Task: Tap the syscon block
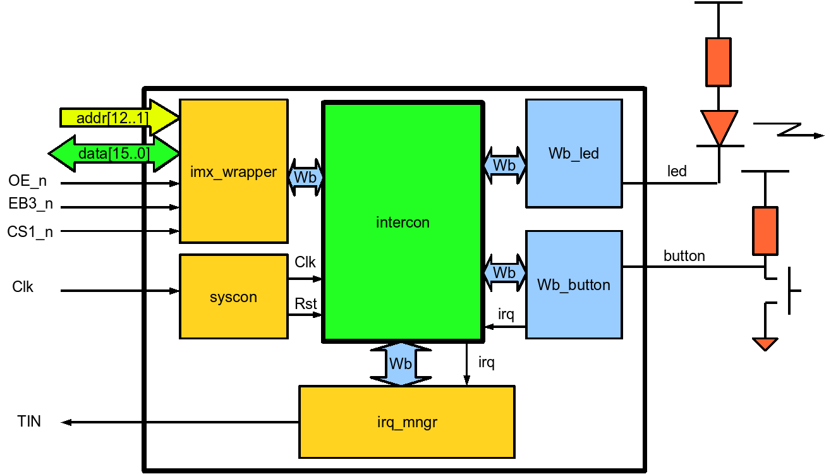pos(233,296)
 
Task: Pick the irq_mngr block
pos(406,422)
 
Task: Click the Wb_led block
pos(574,153)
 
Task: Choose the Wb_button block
pos(574,284)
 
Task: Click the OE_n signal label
pos(27,182)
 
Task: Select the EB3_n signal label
pos(30,206)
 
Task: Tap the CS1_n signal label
pos(30,231)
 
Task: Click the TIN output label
pos(30,422)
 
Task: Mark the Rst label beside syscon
pos(306,304)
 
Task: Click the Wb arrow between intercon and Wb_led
pos(504,165)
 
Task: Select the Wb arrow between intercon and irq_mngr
pos(401,364)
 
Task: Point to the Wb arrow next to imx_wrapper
pos(306,178)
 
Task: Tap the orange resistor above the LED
pos(719,61)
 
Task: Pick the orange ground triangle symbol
pos(765,344)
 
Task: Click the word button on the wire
pos(684,256)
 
